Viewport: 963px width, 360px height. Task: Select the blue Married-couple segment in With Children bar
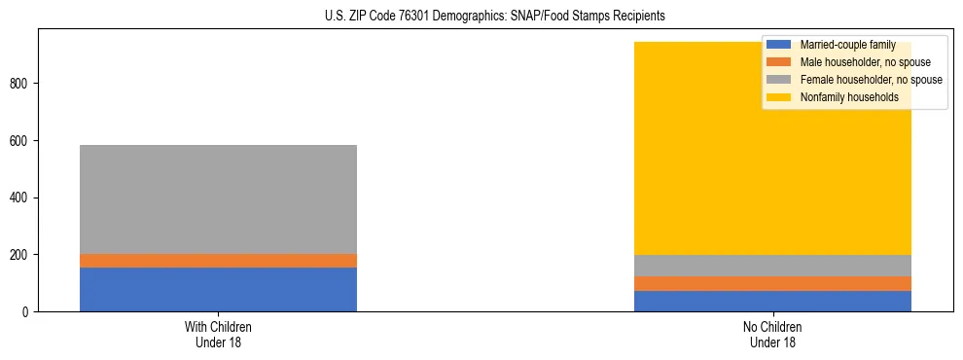[218, 289]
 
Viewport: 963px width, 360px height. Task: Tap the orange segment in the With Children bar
[218, 261]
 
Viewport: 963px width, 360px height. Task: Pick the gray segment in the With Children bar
[218, 199]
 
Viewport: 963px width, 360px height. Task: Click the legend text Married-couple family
[847, 45]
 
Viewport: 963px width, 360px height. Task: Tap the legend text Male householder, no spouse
[865, 62]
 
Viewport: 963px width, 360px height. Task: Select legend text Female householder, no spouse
[871, 80]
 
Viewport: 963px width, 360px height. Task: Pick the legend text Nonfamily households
[848, 97]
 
